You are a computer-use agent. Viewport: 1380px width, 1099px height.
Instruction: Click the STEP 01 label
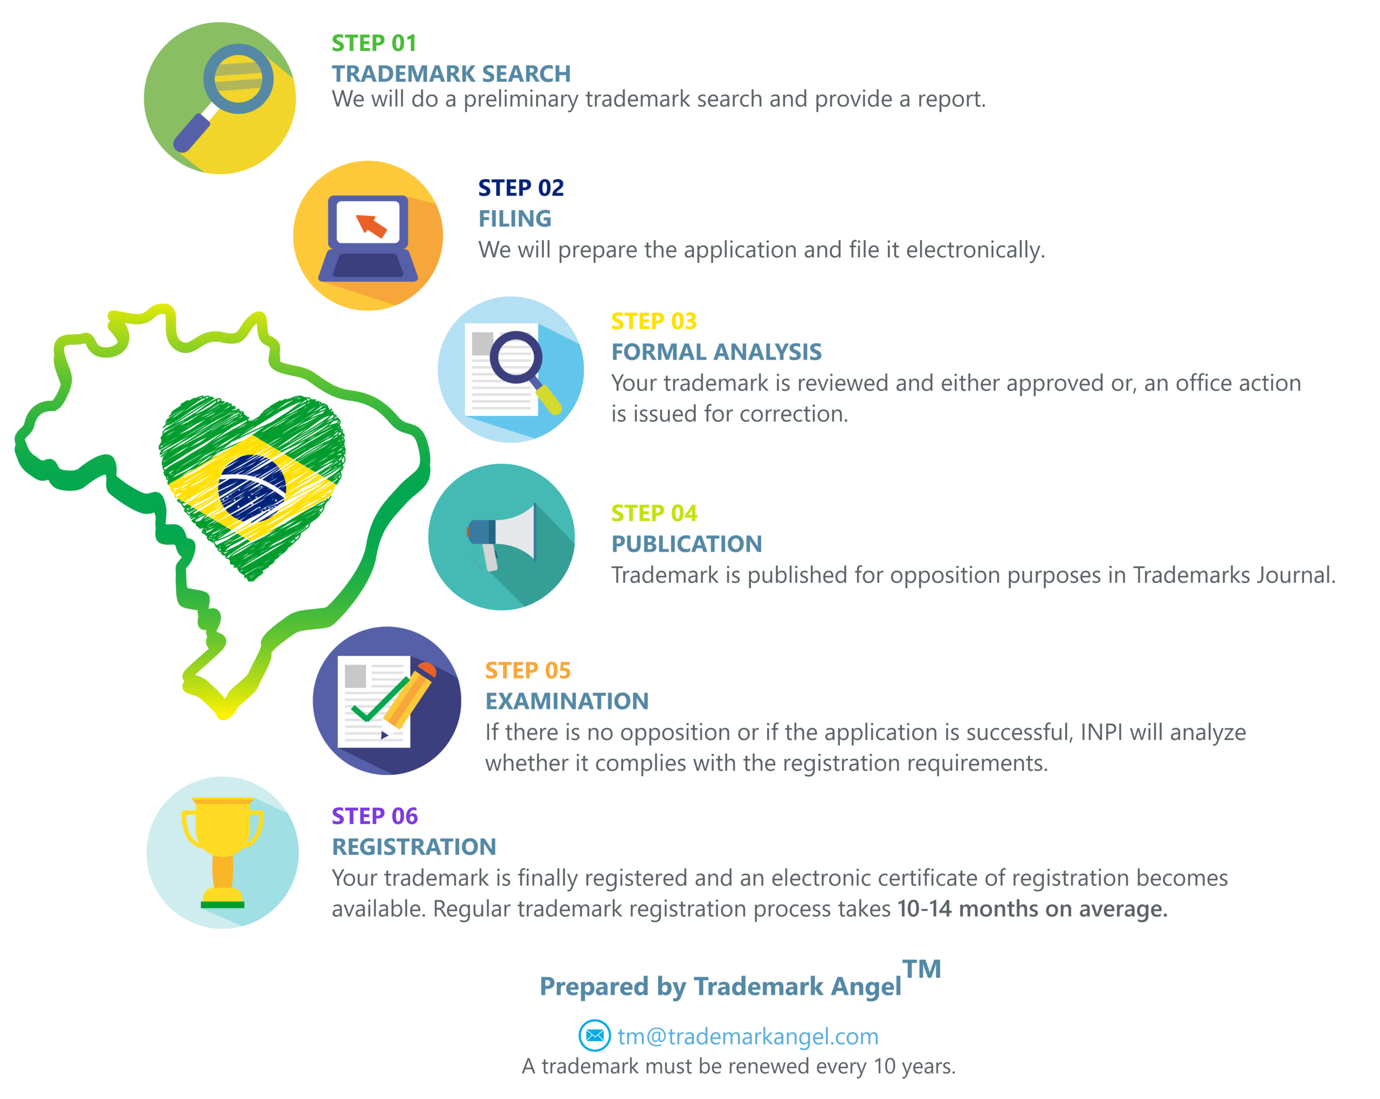(x=374, y=43)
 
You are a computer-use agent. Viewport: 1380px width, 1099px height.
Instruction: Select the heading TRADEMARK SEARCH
(x=451, y=74)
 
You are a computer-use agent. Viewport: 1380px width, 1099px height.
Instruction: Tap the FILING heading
(x=515, y=218)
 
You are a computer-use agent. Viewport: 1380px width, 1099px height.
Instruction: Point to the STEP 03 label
(x=653, y=321)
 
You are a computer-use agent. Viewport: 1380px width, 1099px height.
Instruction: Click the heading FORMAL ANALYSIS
(x=716, y=352)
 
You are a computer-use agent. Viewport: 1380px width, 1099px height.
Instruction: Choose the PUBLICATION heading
(x=687, y=544)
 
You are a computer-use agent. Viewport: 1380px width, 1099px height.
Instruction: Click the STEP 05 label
(x=527, y=670)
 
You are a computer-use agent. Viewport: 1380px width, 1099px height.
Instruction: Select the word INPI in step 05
(x=1101, y=731)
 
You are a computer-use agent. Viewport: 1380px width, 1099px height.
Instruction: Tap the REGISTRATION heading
(x=414, y=847)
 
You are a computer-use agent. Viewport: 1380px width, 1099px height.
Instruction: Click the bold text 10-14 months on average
(x=1032, y=908)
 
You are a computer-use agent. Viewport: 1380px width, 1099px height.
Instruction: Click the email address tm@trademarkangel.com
(x=748, y=1036)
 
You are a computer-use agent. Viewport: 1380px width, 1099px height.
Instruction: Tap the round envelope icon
(x=595, y=1035)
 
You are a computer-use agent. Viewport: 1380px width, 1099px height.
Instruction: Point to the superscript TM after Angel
(x=922, y=969)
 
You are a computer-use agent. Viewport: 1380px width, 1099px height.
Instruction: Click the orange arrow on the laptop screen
(x=371, y=225)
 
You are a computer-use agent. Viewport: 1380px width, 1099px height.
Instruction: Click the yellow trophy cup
(x=222, y=852)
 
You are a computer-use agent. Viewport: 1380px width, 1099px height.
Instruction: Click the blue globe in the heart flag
(x=252, y=489)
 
